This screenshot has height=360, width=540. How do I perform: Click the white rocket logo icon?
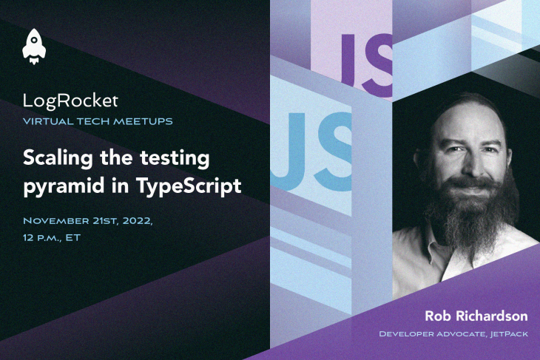pos(34,47)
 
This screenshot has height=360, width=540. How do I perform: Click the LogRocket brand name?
pos(70,101)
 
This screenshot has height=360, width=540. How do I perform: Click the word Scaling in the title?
pos(58,159)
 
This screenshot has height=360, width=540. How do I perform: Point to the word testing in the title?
pos(175,159)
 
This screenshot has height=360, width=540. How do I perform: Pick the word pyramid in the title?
pos(64,187)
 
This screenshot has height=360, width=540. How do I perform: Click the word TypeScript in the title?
pos(189,186)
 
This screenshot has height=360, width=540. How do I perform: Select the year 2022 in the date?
pos(138,221)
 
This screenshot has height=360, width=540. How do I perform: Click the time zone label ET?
pos(73,237)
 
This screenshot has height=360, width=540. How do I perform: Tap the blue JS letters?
pos(311,152)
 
